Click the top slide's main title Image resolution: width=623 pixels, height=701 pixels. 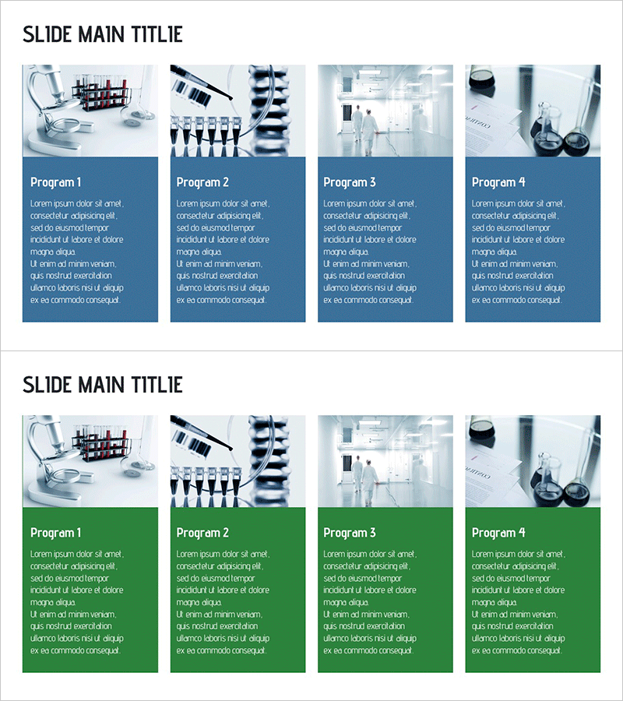coord(102,34)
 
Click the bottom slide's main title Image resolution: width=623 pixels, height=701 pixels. coord(102,385)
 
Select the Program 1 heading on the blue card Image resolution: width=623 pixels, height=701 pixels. coord(56,182)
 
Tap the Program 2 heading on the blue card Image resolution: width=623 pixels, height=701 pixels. coord(202,182)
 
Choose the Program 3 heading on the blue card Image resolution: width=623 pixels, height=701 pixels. coord(350,182)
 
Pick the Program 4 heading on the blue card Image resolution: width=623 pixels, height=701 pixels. coord(498,182)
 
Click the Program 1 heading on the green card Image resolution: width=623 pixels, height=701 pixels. coord(56,533)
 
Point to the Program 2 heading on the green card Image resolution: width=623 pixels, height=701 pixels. coord(202,533)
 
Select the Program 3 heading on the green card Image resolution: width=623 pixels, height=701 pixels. coord(350,533)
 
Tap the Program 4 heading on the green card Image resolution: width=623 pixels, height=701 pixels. coord(498,533)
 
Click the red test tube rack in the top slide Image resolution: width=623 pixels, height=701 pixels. coord(102,93)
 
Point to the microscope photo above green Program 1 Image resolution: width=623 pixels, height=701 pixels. coord(90,461)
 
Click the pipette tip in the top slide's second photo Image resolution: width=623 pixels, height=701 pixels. coord(230,97)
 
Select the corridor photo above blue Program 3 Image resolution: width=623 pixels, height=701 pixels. coord(385,111)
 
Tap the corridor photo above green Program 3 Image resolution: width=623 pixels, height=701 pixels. coord(385,461)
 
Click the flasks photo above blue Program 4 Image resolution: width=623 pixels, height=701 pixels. coord(533,111)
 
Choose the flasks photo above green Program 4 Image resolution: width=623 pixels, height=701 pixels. coord(533,461)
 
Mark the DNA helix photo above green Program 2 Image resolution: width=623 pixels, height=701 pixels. coord(238,461)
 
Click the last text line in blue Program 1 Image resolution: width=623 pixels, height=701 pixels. coord(76,300)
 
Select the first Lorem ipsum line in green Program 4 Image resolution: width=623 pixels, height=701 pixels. coord(519,554)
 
